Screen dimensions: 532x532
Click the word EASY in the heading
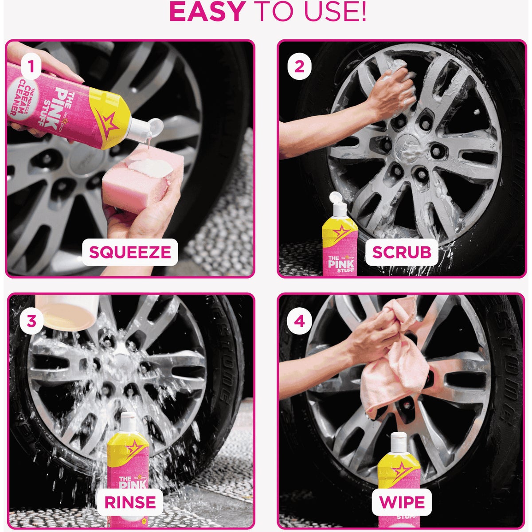tap(207, 13)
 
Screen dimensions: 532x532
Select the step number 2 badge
tap(299, 67)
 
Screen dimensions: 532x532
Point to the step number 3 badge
tap(31, 321)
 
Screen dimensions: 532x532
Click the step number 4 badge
tap(299, 321)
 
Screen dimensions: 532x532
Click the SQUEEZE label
tap(130, 252)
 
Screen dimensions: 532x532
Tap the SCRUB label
tap(402, 252)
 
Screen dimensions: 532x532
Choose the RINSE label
tap(130, 502)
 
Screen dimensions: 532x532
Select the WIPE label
tap(402, 502)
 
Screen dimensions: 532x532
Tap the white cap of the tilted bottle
tap(144, 129)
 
